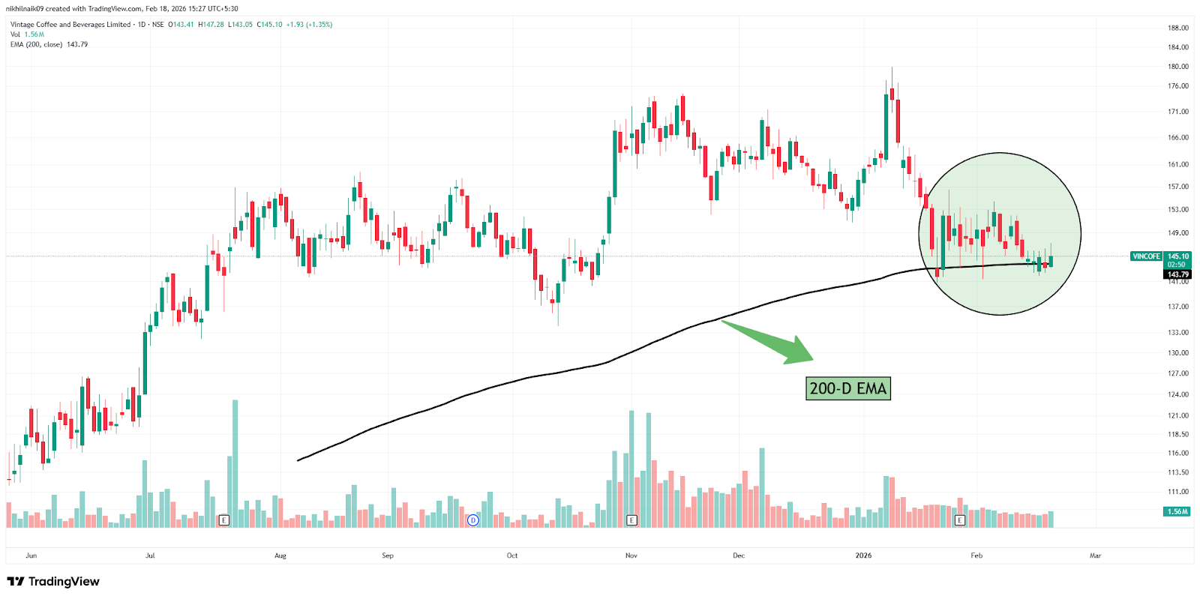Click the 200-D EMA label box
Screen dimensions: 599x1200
click(x=847, y=388)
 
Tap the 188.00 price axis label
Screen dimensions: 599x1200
click(x=1177, y=28)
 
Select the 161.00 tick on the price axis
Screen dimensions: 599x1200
click(x=1177, y=164)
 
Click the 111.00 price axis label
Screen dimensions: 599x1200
click(x=1177, y=492)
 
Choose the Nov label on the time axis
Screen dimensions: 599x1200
click(x=631, y=556)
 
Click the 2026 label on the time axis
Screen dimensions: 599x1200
click(x=863, y=556)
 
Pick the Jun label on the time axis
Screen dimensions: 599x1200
click(x=31, y=556)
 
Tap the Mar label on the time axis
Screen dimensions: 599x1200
click(x=1095, y=556)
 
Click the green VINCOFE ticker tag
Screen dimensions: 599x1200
click(x=1146, y=256)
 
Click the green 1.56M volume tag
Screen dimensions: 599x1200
click(x=1177, y=511)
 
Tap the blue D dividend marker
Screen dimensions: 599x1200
click(x=472, y=520)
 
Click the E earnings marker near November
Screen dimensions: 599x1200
click(x=631, y=520)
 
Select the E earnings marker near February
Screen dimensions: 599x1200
click(x=959, y=520)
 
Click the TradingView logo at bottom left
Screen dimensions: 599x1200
click(x=53, y=582)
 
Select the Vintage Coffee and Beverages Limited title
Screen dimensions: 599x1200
click(x=70, y=25)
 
